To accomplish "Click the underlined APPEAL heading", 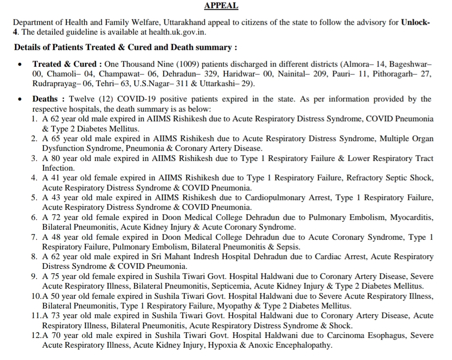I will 221,6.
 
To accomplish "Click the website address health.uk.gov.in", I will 178,32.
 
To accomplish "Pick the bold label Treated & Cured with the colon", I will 68,64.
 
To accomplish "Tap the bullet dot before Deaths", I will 20,99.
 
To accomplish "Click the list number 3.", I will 34,158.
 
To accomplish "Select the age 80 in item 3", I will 55,158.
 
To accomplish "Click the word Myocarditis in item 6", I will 411,217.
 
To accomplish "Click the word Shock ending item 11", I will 342,326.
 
